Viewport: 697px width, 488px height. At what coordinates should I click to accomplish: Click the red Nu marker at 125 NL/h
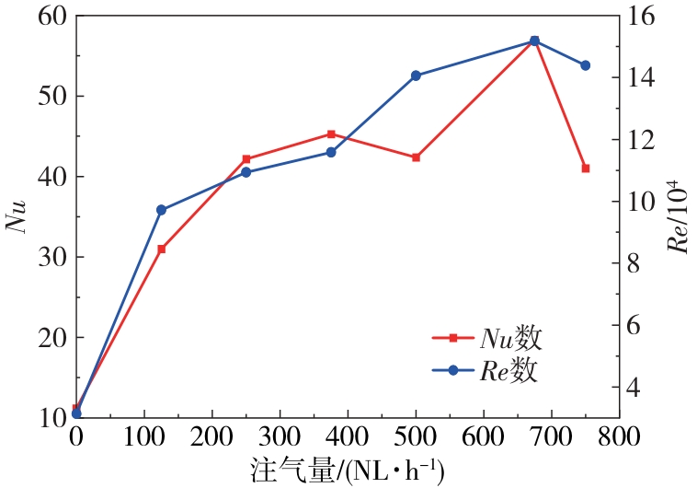(x=161, y=249)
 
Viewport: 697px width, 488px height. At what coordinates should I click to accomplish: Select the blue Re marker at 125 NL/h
(x=161, y=210)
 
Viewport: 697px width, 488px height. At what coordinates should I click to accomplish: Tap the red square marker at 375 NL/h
(x=331, y=134)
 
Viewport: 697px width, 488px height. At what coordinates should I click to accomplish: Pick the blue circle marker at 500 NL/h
(x=416, y=76)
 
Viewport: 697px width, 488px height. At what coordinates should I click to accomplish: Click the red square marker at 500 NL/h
(x=416, y=157)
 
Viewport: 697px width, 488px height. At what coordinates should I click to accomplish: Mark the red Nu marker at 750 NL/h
(x=585, y=168)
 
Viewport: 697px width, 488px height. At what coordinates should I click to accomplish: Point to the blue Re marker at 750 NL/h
(x=585, y=65)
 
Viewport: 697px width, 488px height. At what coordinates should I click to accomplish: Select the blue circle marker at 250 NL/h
(x=246, y=172)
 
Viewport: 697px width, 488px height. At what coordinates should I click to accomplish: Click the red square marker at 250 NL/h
(x=246, y=159)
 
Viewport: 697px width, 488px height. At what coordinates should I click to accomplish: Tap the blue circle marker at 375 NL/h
(x=331, y=152)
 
